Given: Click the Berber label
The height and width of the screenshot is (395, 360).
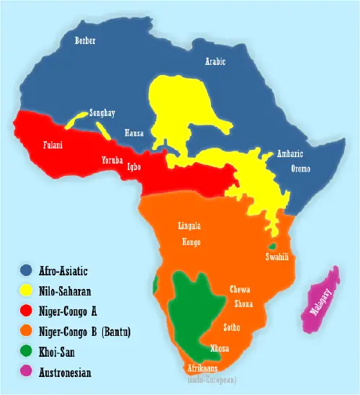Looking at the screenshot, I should pos(85,41).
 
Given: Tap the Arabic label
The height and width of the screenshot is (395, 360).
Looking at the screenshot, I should pos(215,62).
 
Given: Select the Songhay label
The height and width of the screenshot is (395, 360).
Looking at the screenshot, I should pos(102,113).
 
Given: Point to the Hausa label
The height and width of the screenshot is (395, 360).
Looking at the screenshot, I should pos(134,133).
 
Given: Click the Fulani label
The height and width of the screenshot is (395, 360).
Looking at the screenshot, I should pos(53,145).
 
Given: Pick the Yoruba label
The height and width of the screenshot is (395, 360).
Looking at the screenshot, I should pos(112,159).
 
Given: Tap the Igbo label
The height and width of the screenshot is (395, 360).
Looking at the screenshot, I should pos(133,167).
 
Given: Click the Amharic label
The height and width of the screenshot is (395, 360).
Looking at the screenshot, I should pos(290,154).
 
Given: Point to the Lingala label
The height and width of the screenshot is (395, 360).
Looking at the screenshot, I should pos(189,226).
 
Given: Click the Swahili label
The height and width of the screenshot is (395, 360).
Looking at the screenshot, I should pos(277,257).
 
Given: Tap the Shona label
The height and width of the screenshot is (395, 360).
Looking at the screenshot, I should pos(243,303).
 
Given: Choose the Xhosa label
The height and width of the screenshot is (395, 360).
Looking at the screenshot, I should pos(219,348).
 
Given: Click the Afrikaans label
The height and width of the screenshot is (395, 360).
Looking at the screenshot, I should pos(204,367).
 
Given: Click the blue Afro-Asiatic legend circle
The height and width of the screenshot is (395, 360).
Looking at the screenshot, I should pos(27,271).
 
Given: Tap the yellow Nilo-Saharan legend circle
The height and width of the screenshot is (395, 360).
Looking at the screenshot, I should pos(27,291).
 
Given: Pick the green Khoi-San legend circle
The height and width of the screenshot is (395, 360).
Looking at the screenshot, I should pos(27,352).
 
